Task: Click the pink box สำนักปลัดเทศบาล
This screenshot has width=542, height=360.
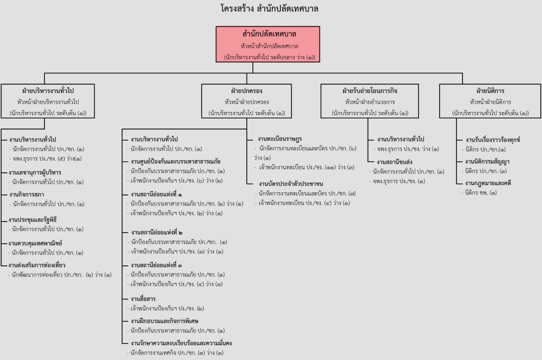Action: pos(268,44)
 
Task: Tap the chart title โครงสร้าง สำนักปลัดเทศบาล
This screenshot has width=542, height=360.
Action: pos(269,8)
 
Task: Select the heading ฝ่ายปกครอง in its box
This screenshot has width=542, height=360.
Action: pos(247,91)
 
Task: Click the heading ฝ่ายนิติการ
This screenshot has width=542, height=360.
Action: pos(490,91)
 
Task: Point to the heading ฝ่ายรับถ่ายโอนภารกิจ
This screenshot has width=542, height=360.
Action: pos(370,91)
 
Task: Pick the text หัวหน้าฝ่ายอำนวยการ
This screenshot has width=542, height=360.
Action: pos(370,102)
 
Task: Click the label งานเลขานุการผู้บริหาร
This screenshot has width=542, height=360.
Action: pos(35,173)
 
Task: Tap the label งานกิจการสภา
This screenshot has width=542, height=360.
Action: pos(26,195)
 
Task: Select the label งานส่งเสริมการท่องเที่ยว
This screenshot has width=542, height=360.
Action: pos(37,265)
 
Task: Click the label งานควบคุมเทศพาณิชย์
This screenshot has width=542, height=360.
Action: pos(35,243)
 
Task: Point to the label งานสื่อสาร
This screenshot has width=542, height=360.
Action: pos(143,299)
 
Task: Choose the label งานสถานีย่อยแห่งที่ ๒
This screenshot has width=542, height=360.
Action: pos(157,232)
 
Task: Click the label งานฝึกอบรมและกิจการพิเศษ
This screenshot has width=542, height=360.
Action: pos(165,321)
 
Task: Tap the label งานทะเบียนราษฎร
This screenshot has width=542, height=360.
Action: pos(280,139)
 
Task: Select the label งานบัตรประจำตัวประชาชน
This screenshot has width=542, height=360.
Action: pos(291,184)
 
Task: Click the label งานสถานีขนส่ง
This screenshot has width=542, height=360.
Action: pos(395,162)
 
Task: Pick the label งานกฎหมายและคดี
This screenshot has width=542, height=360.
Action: pos(488,183)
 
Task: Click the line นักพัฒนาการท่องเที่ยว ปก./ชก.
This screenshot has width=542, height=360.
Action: pos(60,275)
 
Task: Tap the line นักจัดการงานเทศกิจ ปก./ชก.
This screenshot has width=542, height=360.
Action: pos(175,353)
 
